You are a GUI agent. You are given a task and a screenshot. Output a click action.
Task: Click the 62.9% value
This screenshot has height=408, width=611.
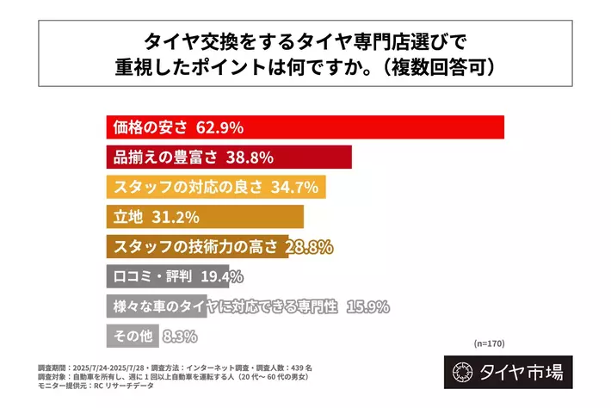click(x=220, y=127)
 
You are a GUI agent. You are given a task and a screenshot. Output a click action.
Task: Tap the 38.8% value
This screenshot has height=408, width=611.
click(x=249, y=157)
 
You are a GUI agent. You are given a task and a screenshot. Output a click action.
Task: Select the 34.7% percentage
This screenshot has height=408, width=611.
click(x=294, y=186)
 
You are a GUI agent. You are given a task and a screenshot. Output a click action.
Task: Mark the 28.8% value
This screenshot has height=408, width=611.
click(x=308, y=247)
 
